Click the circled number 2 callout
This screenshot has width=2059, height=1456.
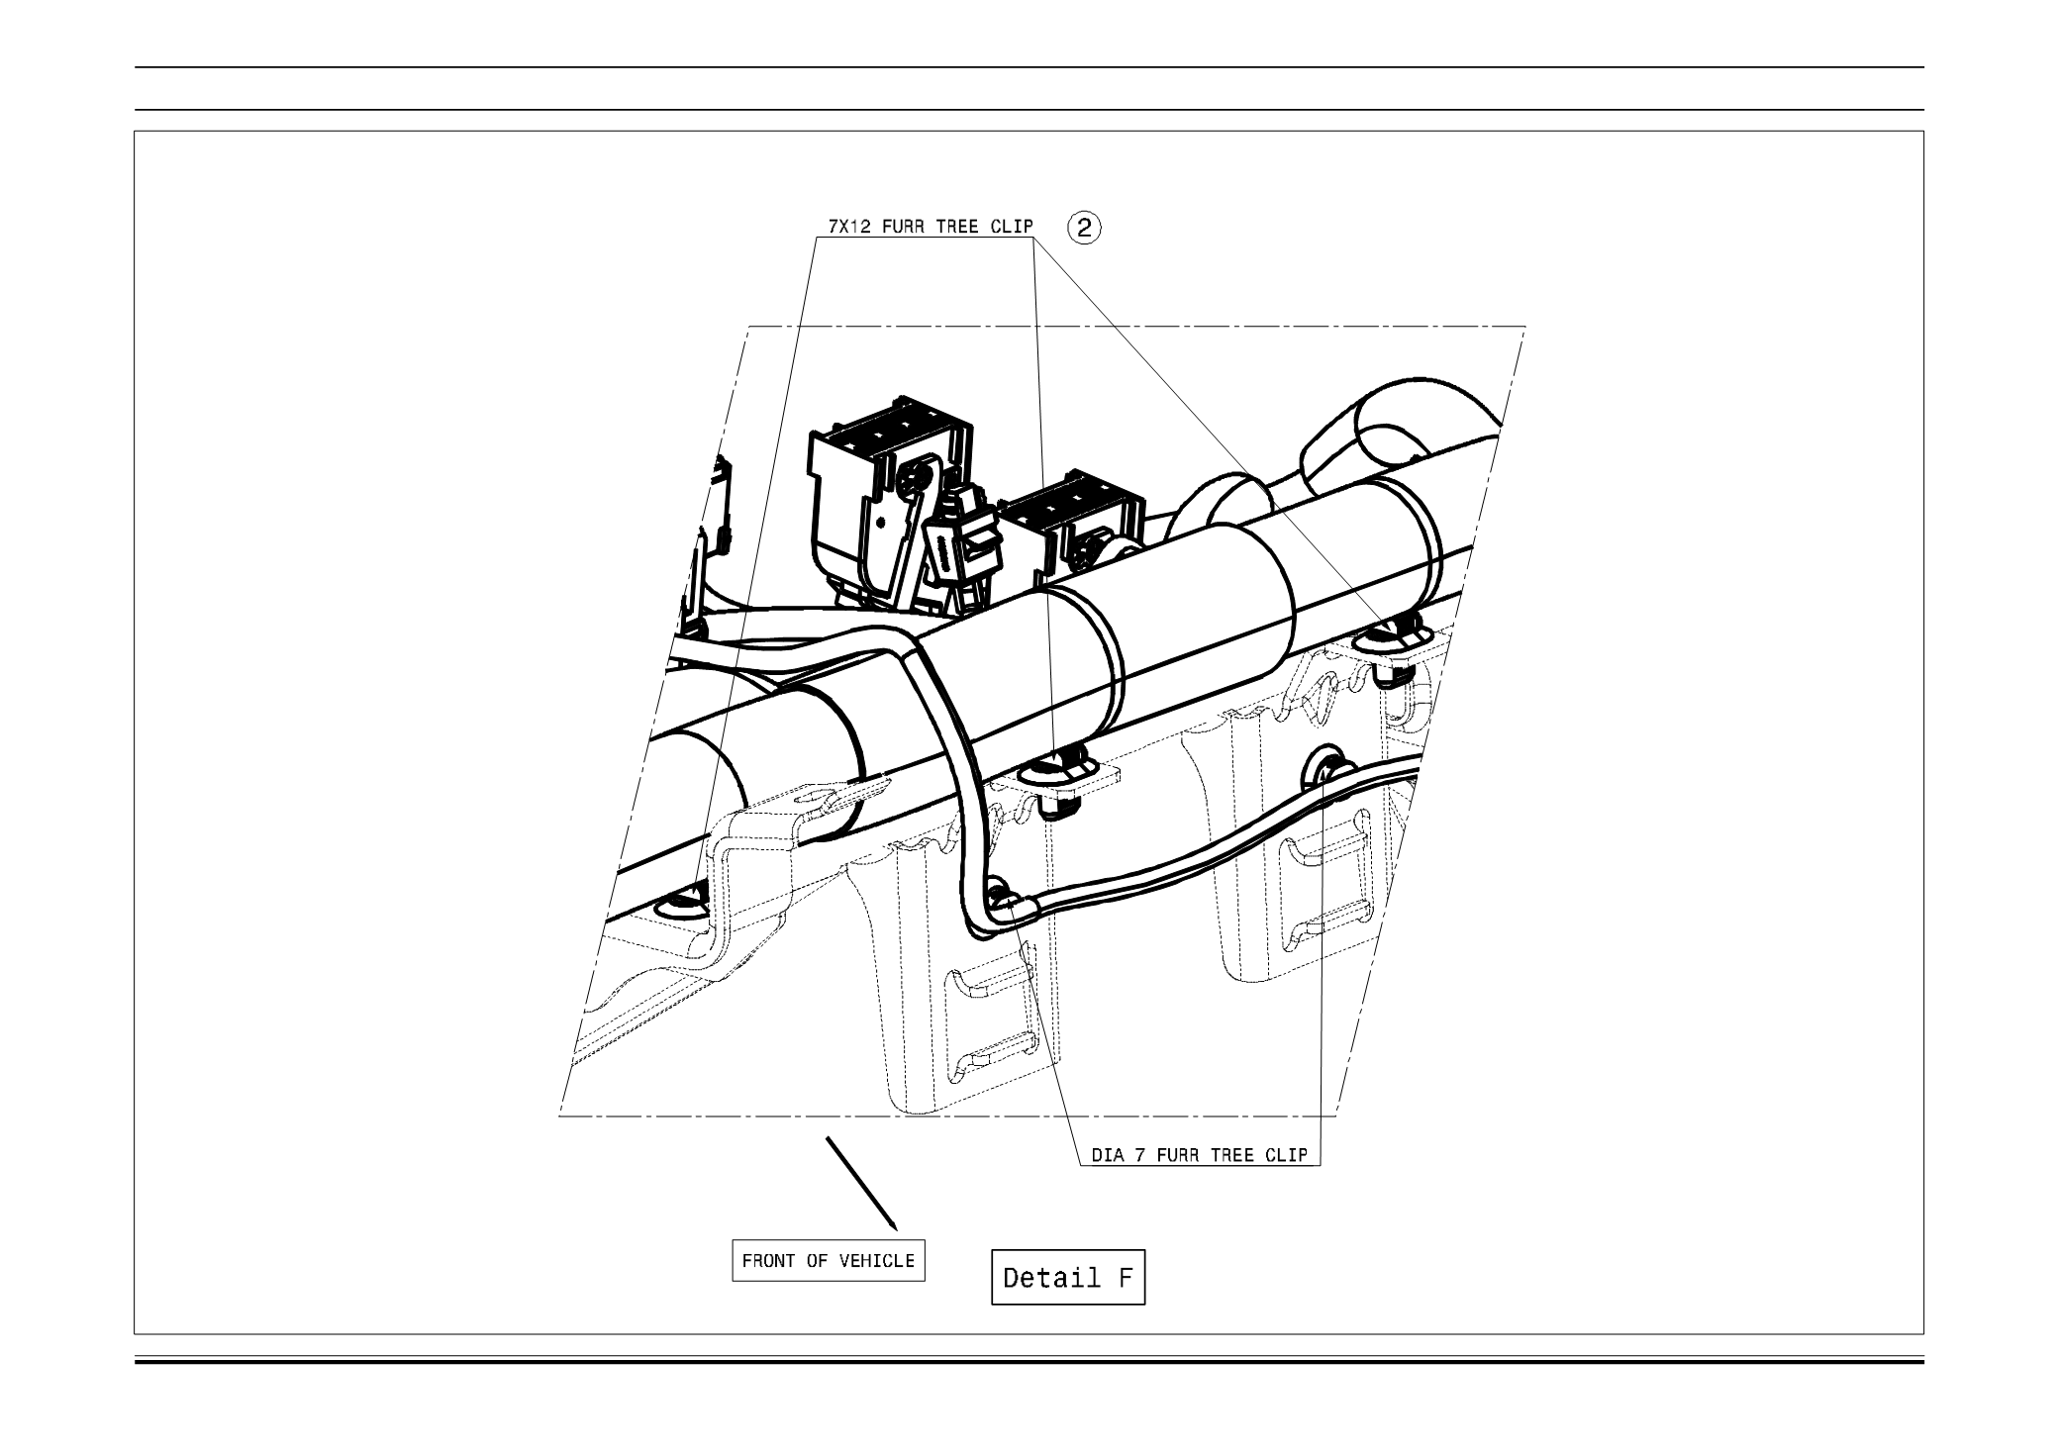click(1084, 228)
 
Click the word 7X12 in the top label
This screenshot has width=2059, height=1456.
click(847, 227)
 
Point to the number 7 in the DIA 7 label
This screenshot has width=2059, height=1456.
click(1140, 1155)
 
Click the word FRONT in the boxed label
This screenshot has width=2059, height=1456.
click(767, 1261)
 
